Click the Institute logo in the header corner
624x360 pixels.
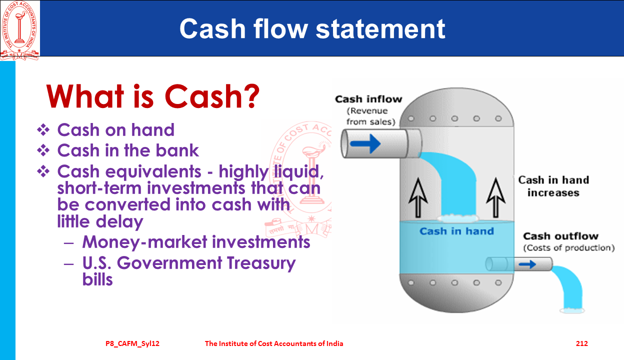point(20,30)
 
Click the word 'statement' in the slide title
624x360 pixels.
point(380,29)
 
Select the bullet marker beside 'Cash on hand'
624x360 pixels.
point(43,130)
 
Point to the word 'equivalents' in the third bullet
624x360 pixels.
point(153,171)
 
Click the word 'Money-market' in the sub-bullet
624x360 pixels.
point(145,242)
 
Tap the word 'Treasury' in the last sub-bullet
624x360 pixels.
point(261,263)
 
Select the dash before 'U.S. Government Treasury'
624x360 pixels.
point(68,263)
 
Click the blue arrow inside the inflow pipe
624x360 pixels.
point(365,144)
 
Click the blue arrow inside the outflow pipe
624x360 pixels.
point(527,264)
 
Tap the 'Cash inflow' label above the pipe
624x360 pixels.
point(368,99)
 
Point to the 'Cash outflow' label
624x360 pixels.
point(561,236)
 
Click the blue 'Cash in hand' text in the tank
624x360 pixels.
point(457,231)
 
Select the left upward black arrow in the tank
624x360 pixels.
point(418,198)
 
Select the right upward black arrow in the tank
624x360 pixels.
point(495,198)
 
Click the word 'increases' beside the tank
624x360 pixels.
point(553,193)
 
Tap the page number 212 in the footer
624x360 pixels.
point(582,343)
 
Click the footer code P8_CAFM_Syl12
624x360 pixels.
point(132,343)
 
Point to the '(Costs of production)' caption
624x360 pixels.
point(569,247)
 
